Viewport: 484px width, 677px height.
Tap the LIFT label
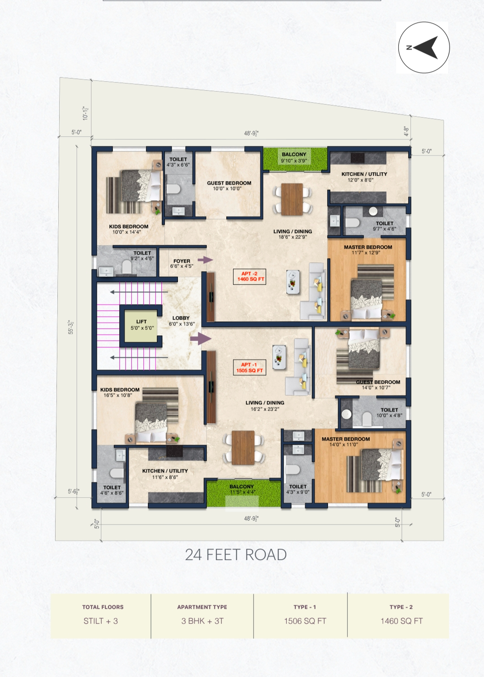coord(142,321)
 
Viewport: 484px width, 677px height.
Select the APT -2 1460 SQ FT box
coord(250,277)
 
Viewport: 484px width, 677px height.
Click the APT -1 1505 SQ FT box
coord(250,367)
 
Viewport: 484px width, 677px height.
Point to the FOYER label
coord(182,261)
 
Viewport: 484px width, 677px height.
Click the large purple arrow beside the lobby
coord(201,338)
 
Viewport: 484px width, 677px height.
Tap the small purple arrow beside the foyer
coord(205,260)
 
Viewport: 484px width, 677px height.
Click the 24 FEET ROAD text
coord(236,555)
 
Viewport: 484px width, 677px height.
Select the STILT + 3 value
coord(100,621)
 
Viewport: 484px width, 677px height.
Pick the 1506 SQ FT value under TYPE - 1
coord(305,621)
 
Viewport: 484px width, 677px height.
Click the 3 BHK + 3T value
coord(203,621)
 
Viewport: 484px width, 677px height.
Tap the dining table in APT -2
coord(292,199)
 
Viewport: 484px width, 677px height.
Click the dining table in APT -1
coord(243,447)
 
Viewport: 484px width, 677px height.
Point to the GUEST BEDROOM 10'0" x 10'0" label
coord(229,186)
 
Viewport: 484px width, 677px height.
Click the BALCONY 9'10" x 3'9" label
coord(294,157)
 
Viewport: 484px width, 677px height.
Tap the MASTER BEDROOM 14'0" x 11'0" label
coord(346,442)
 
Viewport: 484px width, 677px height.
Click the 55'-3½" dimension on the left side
coord(71,327)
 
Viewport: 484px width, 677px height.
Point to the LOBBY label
coord(181,318)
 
